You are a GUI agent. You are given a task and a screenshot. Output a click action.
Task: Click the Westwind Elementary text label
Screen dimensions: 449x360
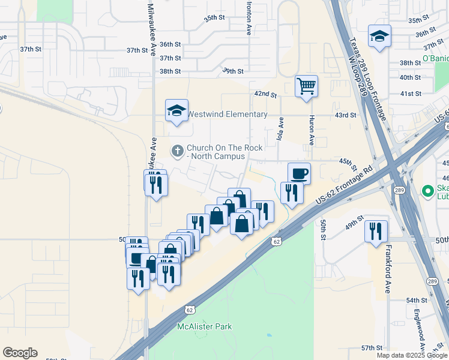click(x=228, y=114)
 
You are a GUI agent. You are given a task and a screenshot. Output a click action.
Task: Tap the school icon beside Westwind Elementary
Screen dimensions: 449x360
click(x=176, y=110)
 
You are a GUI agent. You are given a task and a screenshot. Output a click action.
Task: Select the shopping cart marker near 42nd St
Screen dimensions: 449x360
click(x=306, y=86)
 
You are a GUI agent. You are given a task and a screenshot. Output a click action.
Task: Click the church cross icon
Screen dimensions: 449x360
click(x=177, y=151)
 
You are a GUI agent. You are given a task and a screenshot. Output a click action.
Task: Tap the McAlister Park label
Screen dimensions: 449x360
click(x=205, y=326)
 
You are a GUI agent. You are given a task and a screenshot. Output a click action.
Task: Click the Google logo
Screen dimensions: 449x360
click(x=20, y=352)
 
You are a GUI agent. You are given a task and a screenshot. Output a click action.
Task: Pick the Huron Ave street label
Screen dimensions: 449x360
click(x=312, y=131)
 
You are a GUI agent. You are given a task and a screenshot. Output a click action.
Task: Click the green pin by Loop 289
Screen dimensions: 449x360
click(x=427, y=192)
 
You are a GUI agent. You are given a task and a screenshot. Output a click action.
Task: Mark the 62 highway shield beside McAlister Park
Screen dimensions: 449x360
click(x=189, y=310)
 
